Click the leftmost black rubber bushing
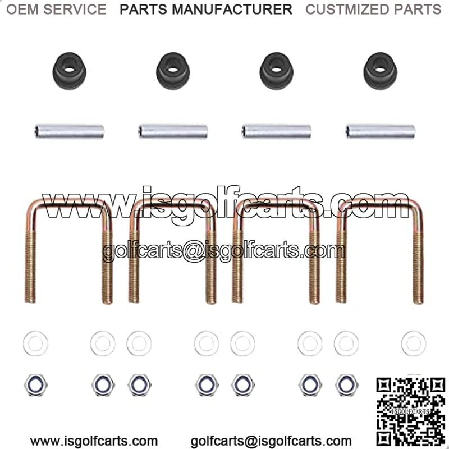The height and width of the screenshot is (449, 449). (69, 71)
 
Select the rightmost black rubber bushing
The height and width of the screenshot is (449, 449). (380, 71)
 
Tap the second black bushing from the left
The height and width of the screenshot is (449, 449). (173, 71)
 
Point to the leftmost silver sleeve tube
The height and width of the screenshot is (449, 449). (69, 131)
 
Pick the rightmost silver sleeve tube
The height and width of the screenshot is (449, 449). (381, 131)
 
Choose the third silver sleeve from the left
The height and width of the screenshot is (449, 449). (277, 131)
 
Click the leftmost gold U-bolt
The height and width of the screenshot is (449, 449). (68, 250)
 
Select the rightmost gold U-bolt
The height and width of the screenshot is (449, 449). (380, 250)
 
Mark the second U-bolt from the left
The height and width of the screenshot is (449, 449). (172, 250)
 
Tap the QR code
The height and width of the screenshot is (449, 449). (411, 413)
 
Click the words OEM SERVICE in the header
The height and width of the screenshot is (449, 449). (57, 10)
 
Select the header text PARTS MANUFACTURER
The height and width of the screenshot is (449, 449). (206, 10)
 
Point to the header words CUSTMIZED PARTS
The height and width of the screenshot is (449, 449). (373, 10)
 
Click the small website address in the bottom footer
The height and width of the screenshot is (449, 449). (94, 441)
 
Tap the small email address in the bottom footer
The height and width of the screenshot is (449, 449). (271, 441)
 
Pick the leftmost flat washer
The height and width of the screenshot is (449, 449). (35, 343)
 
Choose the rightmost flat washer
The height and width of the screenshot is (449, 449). (414, 343)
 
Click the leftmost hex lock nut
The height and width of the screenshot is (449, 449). (36, 385)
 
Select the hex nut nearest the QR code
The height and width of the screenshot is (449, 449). (347, 385)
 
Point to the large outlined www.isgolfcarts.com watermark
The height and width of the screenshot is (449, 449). (226, 204)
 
